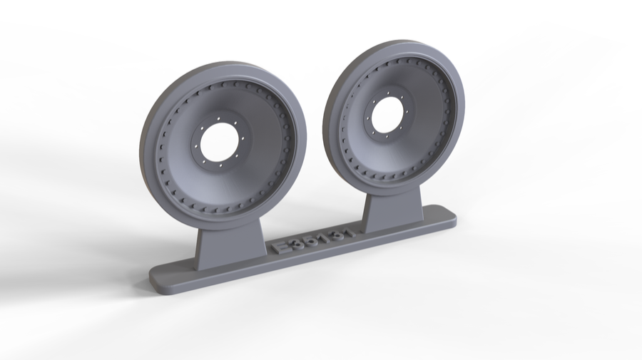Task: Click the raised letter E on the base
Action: [281, 247]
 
